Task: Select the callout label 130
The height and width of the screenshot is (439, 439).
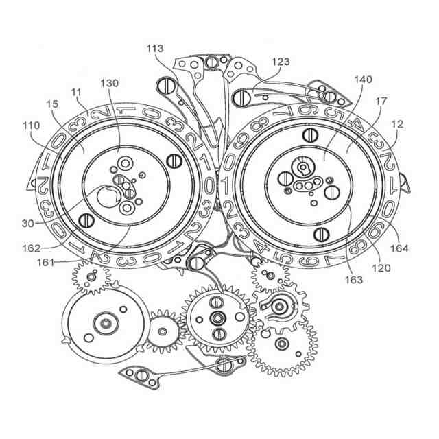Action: click(109, 83)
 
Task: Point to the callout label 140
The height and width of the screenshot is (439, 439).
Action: click(363, 80)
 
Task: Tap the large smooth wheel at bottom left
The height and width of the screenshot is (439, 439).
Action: click(105, 323)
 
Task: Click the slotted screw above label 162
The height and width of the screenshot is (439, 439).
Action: click(87, 219)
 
